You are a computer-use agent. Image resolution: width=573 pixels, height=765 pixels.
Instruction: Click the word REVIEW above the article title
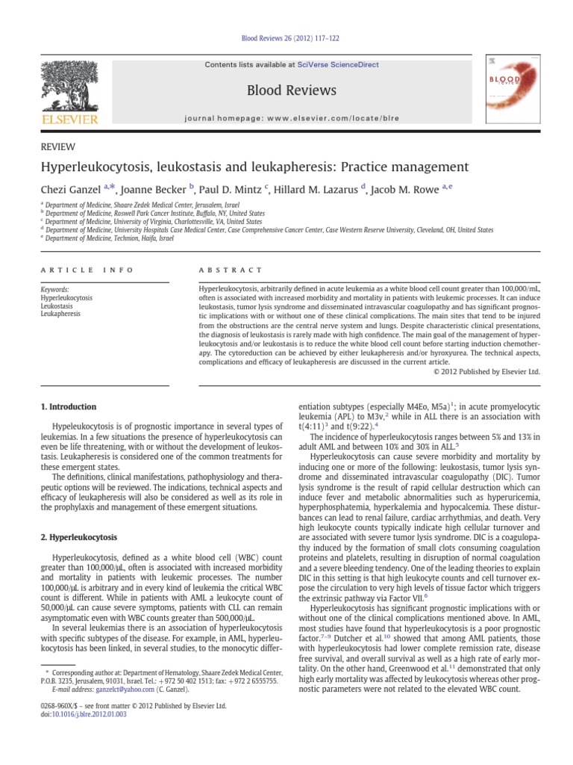(x=56, y=147)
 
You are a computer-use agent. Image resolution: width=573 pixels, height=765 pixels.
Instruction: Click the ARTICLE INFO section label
(x=86, y=270)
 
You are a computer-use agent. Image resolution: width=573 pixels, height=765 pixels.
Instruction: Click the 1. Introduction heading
(x=67, y=407)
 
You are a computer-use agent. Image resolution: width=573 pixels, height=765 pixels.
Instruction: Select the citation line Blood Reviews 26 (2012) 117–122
(x=286, y=39)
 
